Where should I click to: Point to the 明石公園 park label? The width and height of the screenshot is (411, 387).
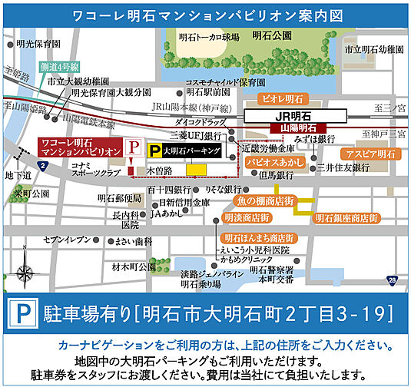(x=277, y=35)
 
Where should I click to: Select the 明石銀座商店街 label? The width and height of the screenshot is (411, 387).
(x=346, y=219)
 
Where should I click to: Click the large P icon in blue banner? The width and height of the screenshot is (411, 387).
(x=22, y=313)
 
